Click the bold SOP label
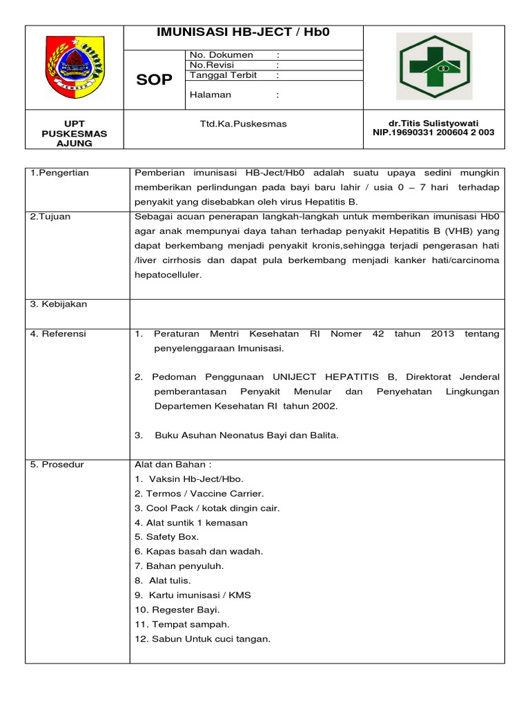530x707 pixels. coord(154,80)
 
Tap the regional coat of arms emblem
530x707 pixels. coord(74,67)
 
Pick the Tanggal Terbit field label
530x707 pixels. coord(223,75)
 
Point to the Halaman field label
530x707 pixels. coord(210,95)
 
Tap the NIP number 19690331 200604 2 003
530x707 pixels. coord(433,133)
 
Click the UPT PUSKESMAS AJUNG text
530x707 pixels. coord(74,133)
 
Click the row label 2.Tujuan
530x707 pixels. coord(50,216)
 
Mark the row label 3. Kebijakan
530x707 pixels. coord(59,304)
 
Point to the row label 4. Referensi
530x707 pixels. coord(58,333)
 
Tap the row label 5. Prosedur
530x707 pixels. coord(57,465)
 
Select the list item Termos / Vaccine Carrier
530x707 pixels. coord(199,493)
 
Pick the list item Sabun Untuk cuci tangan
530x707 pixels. coord(203,639)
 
